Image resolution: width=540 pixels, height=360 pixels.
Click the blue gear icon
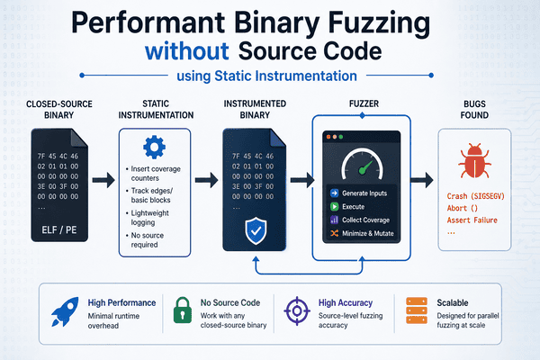(x=154, y=147)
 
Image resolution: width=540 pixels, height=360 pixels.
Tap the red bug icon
(x=474, y=161)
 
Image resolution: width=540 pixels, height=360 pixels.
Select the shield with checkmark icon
(x=256, y=230)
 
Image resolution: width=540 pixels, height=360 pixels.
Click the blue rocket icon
(x=65, y=311)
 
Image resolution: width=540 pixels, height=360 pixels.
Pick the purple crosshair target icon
(x=297, y=311)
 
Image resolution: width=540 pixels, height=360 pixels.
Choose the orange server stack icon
(x=417, y=310)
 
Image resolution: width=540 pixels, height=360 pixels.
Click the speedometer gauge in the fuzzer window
(x=362, y=163)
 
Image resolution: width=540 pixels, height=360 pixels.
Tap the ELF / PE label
(x=59, y=229)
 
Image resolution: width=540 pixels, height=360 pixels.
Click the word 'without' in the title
(x=186, y=51)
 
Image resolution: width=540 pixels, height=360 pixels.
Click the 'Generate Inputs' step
(x=358, y=193)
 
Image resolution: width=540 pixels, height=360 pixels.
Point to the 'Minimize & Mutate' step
(x=362, y=233)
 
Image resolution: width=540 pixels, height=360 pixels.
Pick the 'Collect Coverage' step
(x=360, y=220)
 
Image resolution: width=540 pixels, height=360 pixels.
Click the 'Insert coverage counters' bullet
(x=153, y=174)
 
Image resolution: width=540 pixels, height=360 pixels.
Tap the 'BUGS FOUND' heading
(x=474, y=110)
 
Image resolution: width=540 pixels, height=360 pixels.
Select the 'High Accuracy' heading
(x=346, y=302)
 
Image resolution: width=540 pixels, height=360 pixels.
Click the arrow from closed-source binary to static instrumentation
(x=103, y=180)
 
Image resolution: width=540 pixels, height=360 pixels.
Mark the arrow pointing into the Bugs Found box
(x=422, y=180)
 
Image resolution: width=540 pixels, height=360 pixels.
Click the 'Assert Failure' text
(x=472, y=220)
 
